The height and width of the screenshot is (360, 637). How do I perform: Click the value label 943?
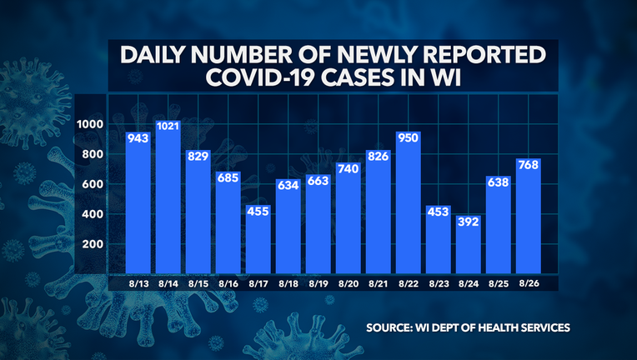point(138,138)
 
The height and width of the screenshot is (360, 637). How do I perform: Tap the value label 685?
point(228,177)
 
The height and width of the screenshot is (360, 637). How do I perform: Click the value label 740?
point(348,168)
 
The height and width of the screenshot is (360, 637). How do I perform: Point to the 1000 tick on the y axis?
point(90,124)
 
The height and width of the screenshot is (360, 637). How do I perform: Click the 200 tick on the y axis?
point(93,244)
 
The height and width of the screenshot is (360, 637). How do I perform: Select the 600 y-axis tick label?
point(93,184)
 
